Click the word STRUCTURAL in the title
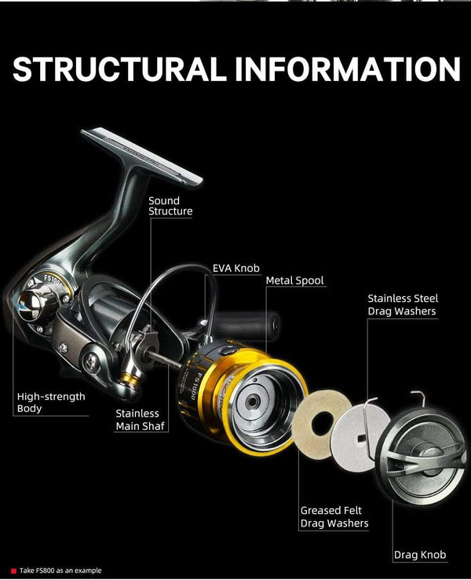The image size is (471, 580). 119,69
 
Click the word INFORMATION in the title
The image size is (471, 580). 347,69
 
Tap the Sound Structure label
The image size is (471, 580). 170,206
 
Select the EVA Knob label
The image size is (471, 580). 235,268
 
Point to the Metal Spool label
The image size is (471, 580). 294,281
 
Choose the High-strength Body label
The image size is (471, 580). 51,402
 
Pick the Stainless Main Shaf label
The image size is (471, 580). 137,419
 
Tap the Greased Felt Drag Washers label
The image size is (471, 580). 334,516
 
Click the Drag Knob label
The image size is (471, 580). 420,555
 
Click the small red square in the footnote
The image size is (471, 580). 13,571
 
